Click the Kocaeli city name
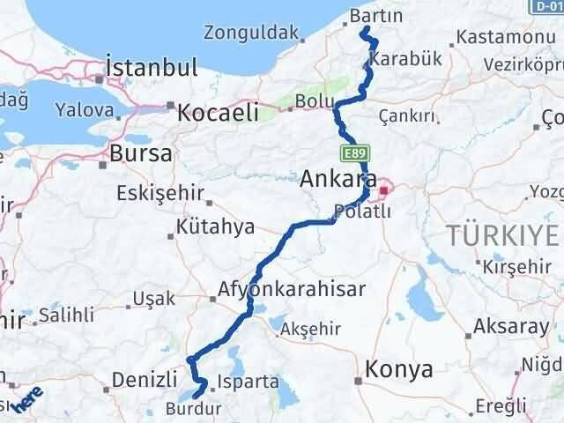(218, 112)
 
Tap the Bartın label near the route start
(375, 17)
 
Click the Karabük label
(398, 59)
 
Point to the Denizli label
(145, 381)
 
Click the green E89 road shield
(355, 153)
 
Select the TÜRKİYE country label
(503, 235)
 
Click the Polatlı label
(357, 211)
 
